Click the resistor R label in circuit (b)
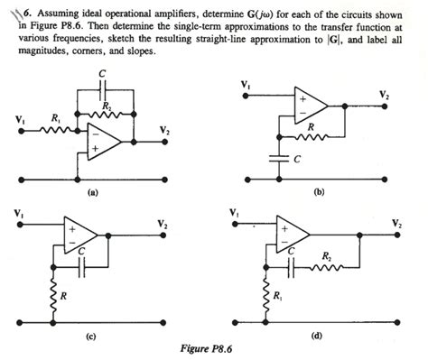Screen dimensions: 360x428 312,128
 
